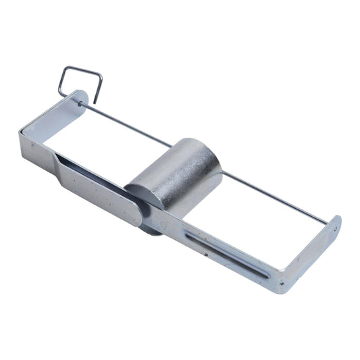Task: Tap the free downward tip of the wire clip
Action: click(x=95, y=101)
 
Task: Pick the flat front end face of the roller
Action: click(x=145, y=192)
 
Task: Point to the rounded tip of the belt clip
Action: click(x=137, y=215)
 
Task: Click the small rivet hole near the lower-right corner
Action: click(x=207, y=256)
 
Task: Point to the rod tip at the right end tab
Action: click(x=335, y=228)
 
